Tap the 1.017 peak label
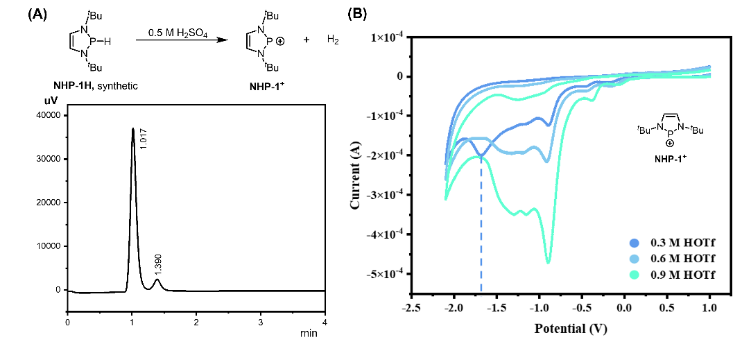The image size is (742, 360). (x=144, y=139)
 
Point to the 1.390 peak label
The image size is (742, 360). (x=158, y=266)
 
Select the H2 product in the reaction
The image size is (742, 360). (x=333, y=41)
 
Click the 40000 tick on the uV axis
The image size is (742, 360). (x=49, y=116)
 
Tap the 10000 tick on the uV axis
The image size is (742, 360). (x=49, y=246)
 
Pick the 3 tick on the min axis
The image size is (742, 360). (x=260, y=322)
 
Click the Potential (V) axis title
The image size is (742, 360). (x=571, y=329)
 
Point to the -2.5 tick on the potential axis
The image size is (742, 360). (x=412, y=307)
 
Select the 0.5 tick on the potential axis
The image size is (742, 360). (x=667, y=307)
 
